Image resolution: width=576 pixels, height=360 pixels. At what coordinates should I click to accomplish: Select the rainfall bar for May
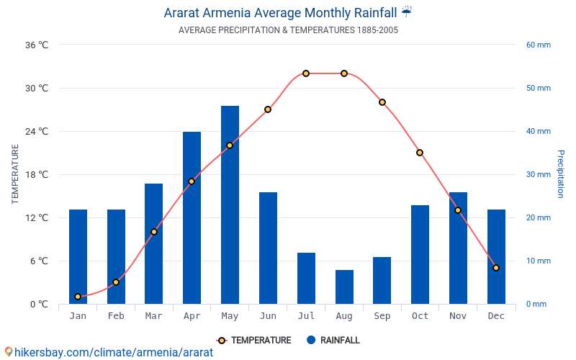pyautogui.click(x=230, y=205)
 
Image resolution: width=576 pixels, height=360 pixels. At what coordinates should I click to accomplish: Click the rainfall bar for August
pyautogui.click(x=344, y=287)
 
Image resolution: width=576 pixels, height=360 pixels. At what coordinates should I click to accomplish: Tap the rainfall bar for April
pyautogui.click(x=192, y=217)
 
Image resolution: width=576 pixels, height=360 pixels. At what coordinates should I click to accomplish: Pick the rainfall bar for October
pyautogui.click(x=420, y=254)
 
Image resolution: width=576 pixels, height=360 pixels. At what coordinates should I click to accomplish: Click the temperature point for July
pyautogui.click(x=306, y=73)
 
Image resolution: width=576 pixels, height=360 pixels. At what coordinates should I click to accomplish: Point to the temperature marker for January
pyautogui.click(x=78, y=297)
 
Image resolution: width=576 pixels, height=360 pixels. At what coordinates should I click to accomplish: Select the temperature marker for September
pyautogui.click(x=382, y=102)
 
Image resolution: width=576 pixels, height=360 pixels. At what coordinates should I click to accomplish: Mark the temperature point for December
pyautogui.click(x=496, y=268)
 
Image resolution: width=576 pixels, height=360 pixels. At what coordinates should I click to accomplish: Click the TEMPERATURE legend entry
pyautogui.click(x=254, y=341)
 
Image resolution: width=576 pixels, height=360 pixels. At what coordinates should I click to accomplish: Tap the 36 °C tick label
pyautogui.click(x=37, y=45)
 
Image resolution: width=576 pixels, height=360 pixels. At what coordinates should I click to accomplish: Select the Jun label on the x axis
pyautogui.click(x=268, y=316)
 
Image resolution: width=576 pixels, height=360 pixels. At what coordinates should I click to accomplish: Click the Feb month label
pyautogui.click(x=116, y=316)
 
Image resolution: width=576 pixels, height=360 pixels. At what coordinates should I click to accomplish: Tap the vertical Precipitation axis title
pyautogui.click(x=561, y=174)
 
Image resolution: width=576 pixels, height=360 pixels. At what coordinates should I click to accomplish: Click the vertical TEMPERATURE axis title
pyautogui.click(x=15, y=174)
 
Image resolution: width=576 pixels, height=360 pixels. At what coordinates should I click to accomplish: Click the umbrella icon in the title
pyautogui.click(x=407, y=12)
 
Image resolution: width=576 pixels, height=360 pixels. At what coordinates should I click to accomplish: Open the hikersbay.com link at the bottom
pyautogui.click(x=109, y=352)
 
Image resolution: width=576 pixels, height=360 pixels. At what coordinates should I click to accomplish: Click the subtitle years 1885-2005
pyautogui.click(x=377, y=30)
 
